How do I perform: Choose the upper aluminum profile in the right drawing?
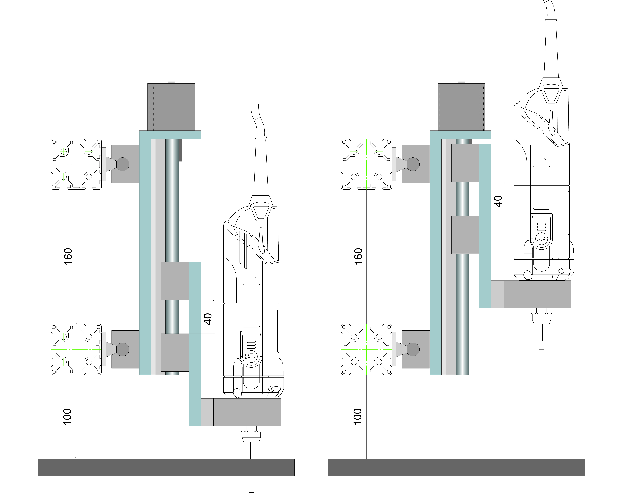[x=366, y=164]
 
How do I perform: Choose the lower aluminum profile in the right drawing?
[x=366, y=349]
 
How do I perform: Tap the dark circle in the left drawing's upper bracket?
[x=123, y=164]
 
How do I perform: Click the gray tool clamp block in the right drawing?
[x=537, y=294]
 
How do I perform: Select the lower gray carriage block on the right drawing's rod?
[x=465, y=234]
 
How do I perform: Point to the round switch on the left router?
[x=251, y=356]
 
